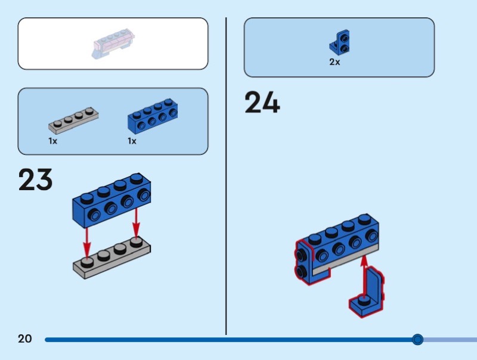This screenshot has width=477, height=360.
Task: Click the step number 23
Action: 35,179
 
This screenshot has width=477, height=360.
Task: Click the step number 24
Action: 262,103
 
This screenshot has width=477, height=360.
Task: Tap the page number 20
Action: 24,339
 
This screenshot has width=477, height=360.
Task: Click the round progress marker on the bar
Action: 417,340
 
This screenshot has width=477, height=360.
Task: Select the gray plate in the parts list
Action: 73,119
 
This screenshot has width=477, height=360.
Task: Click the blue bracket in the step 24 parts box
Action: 340,42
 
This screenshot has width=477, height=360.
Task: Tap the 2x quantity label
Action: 334,62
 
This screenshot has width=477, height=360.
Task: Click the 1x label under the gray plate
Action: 53,141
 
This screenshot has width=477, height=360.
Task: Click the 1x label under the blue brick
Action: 132,141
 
